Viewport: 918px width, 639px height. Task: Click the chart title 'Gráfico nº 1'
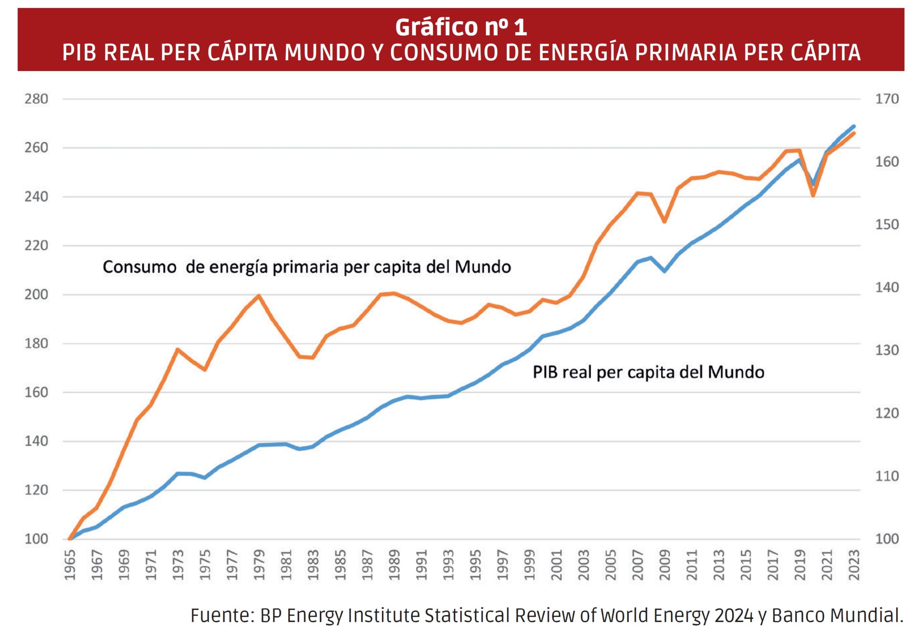[x=460, y=27]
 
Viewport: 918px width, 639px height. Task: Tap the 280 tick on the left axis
[x=36, y=99]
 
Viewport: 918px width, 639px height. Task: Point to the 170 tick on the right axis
[x=887, y=99]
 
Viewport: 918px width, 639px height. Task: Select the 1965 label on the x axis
[x=70, y=565]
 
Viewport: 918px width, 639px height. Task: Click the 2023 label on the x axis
[x=855, y=565]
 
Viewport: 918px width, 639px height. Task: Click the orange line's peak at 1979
[x=259, y=296]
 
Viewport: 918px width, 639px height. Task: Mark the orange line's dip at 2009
[x=664, y=222]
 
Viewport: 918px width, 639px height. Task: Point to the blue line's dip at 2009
[x=664, y=271]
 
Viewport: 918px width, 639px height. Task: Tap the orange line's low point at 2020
[x=813, y=195]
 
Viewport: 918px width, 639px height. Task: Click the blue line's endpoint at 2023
[x=854, y=126]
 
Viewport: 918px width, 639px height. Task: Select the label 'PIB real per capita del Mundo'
[x=648, y=372]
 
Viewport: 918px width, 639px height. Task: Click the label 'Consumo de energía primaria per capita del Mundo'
[x=307, y=267]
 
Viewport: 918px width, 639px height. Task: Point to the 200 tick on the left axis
[x=36, y=295]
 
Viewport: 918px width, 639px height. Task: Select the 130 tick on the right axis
[x=887, y=350]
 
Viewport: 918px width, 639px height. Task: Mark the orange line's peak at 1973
[x=177, y=349]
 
